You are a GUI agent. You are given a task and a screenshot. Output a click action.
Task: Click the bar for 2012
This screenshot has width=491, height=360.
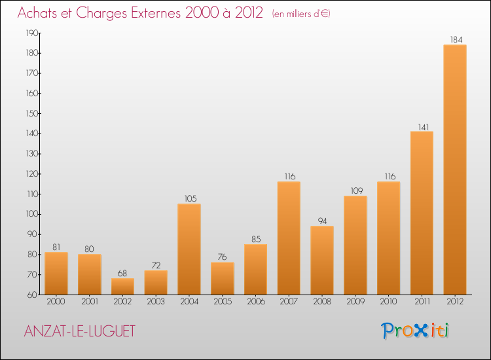(x=455, y=170)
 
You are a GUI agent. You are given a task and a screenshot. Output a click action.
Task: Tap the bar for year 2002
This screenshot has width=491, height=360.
(x=122, y=287)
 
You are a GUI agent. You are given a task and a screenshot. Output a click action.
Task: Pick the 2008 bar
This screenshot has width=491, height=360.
(x=322, y=260)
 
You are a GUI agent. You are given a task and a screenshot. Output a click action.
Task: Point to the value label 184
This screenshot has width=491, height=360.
(x=455, y=39)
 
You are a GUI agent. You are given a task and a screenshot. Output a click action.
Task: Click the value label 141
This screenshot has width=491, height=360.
(x=422, y=126)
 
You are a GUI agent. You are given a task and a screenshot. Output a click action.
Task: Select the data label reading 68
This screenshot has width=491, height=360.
(x=122, y=273)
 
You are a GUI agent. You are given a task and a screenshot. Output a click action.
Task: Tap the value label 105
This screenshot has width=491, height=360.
(x=189, y=198)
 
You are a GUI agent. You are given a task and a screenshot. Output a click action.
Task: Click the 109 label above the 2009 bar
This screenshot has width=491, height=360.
(x=355, y=190)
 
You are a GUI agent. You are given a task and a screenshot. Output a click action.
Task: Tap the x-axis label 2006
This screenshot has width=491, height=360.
(x=255, y=302)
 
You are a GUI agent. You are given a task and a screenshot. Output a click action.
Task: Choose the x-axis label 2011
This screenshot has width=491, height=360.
(x=422, y=302)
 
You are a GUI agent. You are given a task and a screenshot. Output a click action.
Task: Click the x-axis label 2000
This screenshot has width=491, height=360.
(x=56, y=302)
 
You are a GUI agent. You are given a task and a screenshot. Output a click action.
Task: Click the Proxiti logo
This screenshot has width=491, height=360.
(x=416, y=331)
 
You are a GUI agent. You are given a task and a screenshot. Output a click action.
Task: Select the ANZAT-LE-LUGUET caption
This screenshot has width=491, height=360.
(x=79, y=332)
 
